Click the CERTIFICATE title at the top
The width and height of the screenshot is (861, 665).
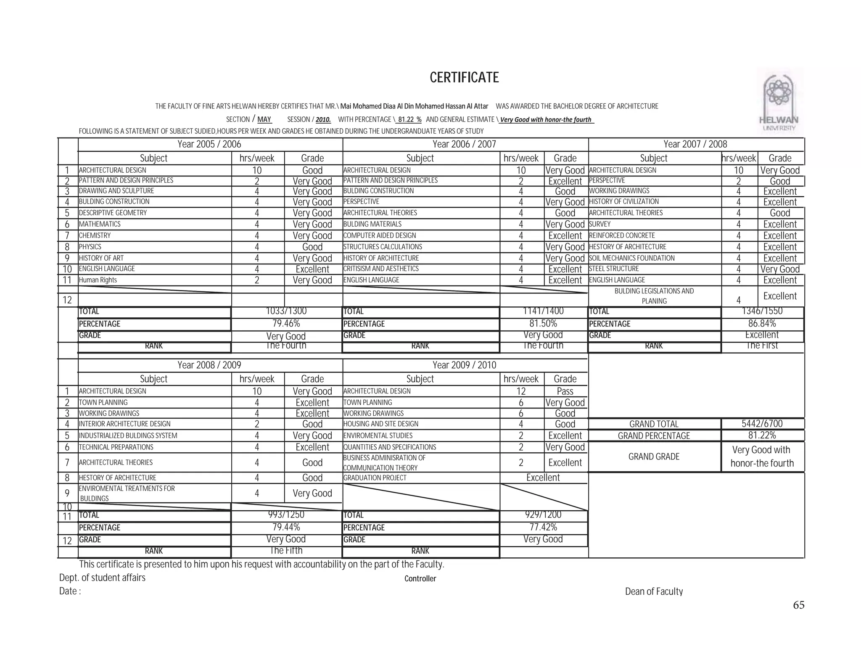coord(464,78)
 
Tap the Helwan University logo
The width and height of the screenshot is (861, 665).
coord(779,101)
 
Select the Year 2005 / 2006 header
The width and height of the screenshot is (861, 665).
coord(209,144)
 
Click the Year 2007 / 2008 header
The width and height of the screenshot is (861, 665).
coord(695,144)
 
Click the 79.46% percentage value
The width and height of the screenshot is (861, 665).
coord(286,324)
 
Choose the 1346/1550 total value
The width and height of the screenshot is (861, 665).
coord(762,311)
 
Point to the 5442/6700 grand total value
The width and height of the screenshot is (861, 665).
coord(762,424)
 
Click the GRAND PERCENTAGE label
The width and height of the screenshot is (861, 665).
coord(654,436)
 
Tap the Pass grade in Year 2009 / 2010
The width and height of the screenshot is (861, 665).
coord(565,391)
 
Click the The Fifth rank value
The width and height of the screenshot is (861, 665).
coord(286,551)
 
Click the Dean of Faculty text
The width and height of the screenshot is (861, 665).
coord(654,592)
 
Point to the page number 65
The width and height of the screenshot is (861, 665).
coord(798,605)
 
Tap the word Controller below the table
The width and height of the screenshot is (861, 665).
coord(420,579)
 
